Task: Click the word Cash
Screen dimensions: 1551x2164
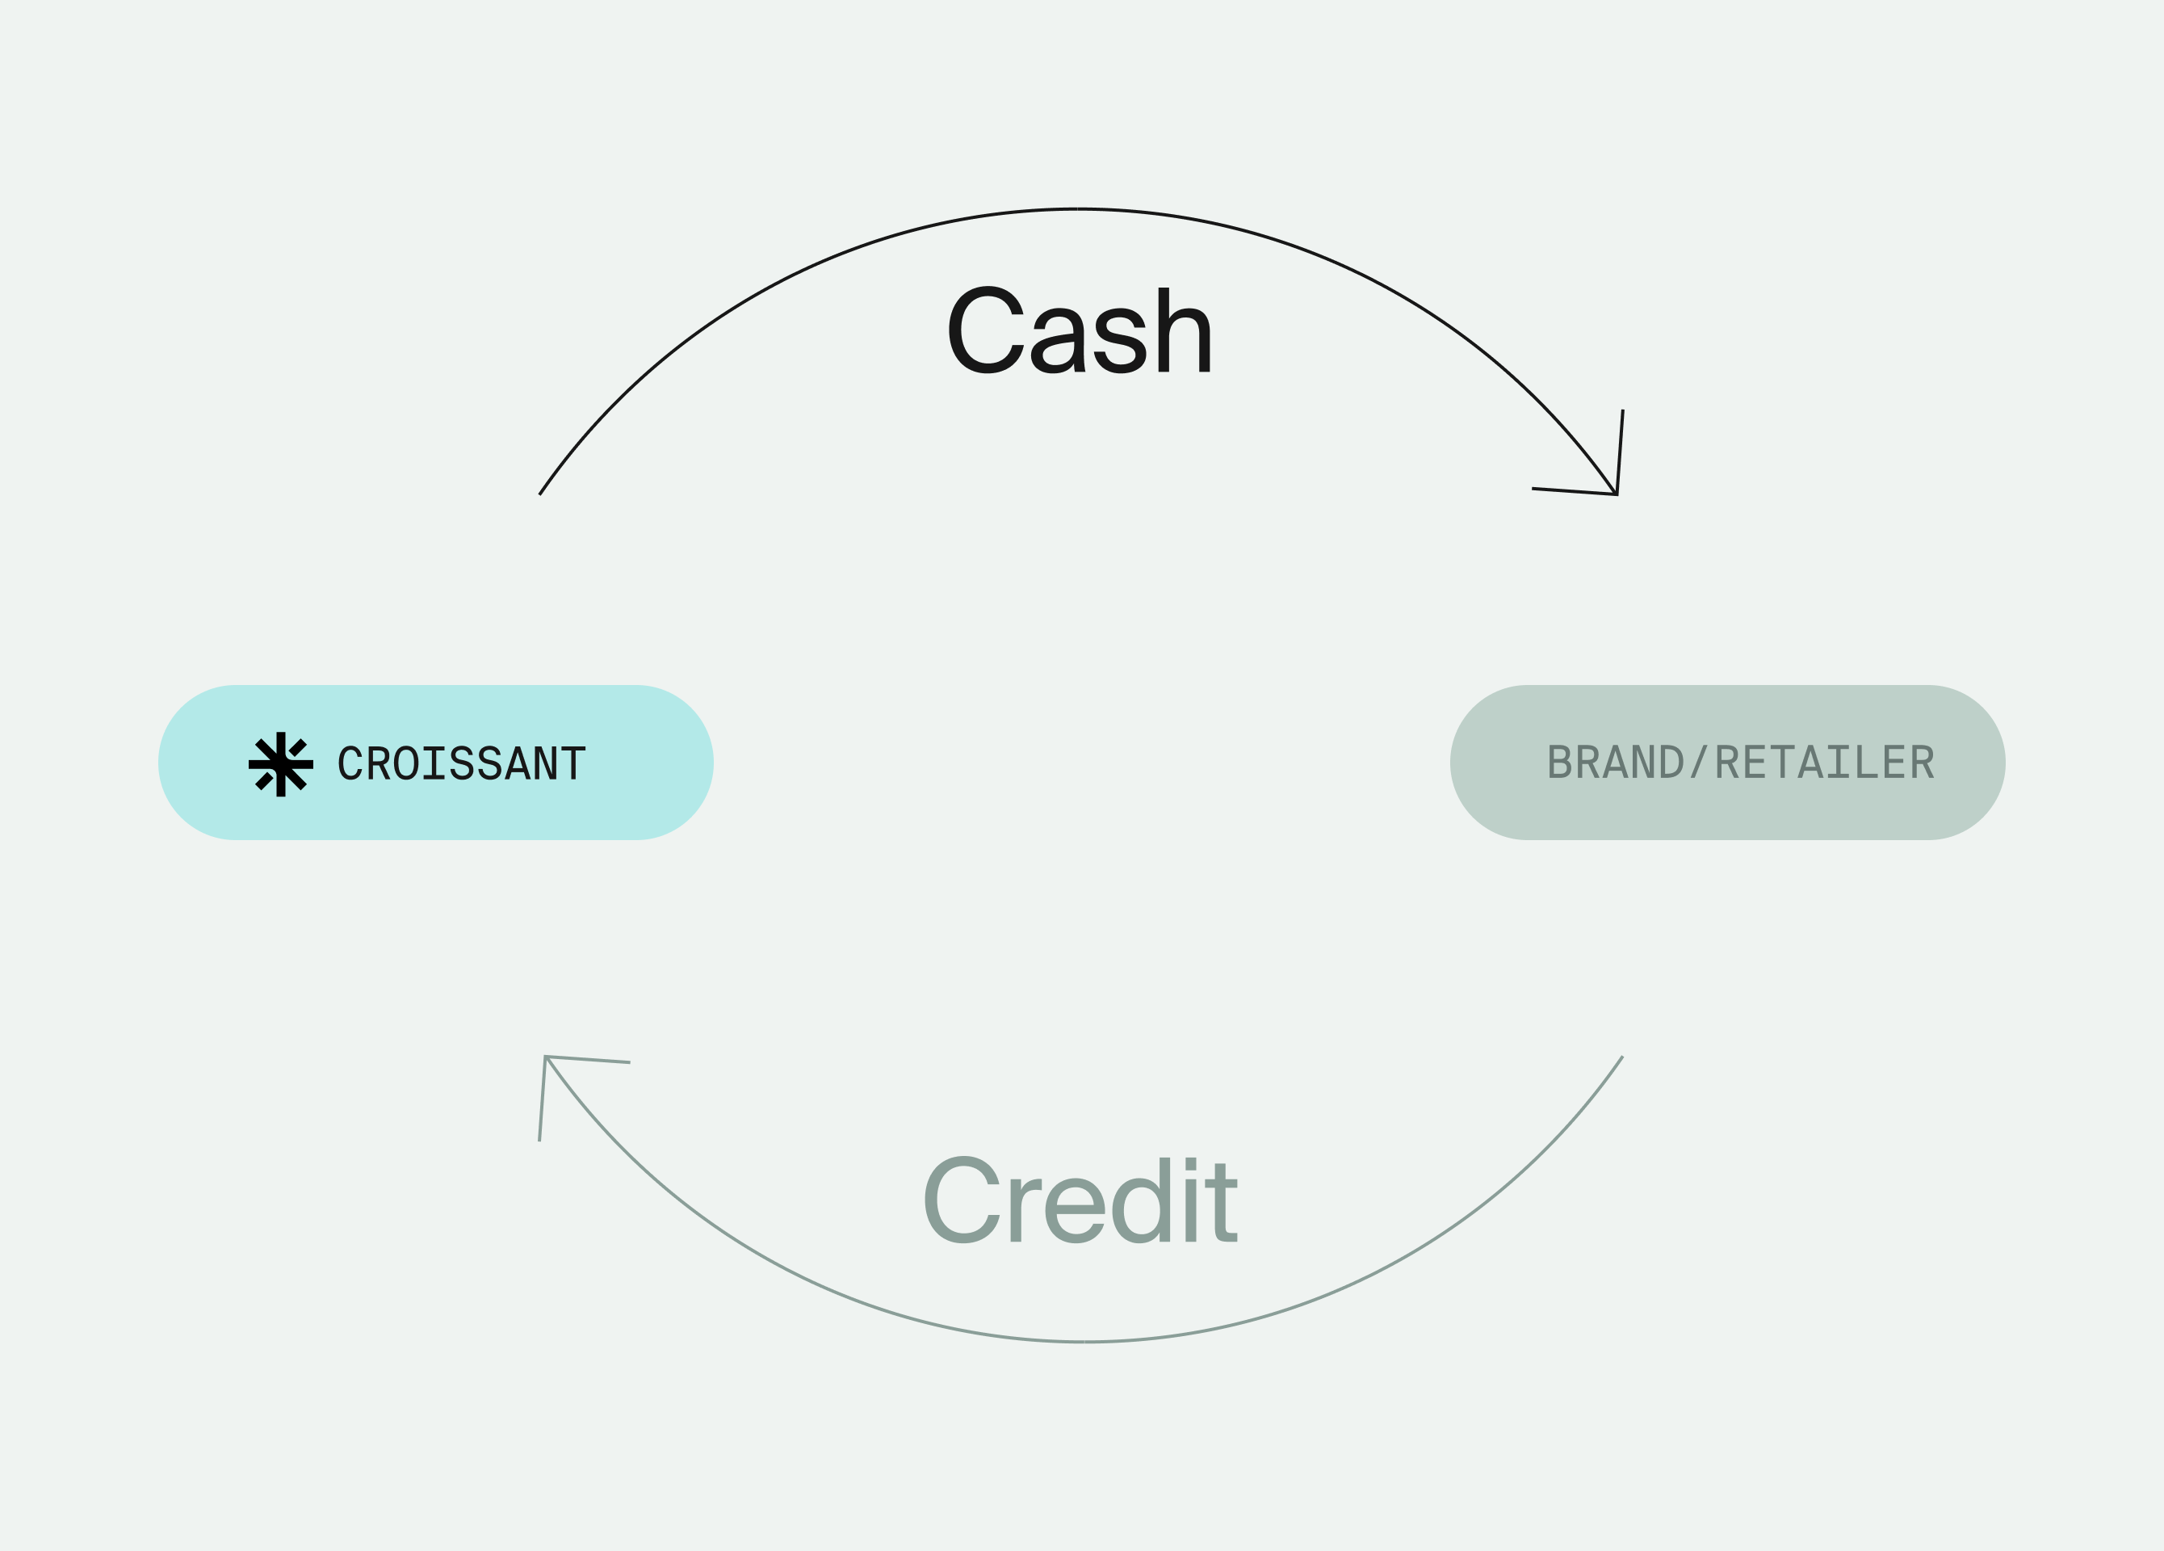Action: point(1078,330)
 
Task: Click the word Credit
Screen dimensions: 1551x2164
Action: point(1080,1200)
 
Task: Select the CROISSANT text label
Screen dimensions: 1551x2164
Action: point(462,763)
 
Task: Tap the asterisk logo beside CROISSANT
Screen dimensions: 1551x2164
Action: point(280,763)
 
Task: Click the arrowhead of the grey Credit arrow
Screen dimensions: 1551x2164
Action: point(546,1058)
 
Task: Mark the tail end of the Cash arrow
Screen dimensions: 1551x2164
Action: point(540,494)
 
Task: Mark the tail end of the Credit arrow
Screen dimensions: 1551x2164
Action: point(1622,1057)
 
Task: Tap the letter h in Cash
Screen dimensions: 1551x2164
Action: point(1183,330)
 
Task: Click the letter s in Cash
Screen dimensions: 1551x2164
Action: point(1119,341)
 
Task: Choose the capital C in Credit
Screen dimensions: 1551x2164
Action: point(962,1200)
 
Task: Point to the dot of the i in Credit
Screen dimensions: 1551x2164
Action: point(1191,1163)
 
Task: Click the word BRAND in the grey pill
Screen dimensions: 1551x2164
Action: point(1616,762)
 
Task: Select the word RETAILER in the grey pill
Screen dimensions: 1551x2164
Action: point(1824,762)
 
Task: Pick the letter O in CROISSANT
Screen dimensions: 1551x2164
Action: point(405,763)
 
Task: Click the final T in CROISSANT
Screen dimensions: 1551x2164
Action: point(573,763)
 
